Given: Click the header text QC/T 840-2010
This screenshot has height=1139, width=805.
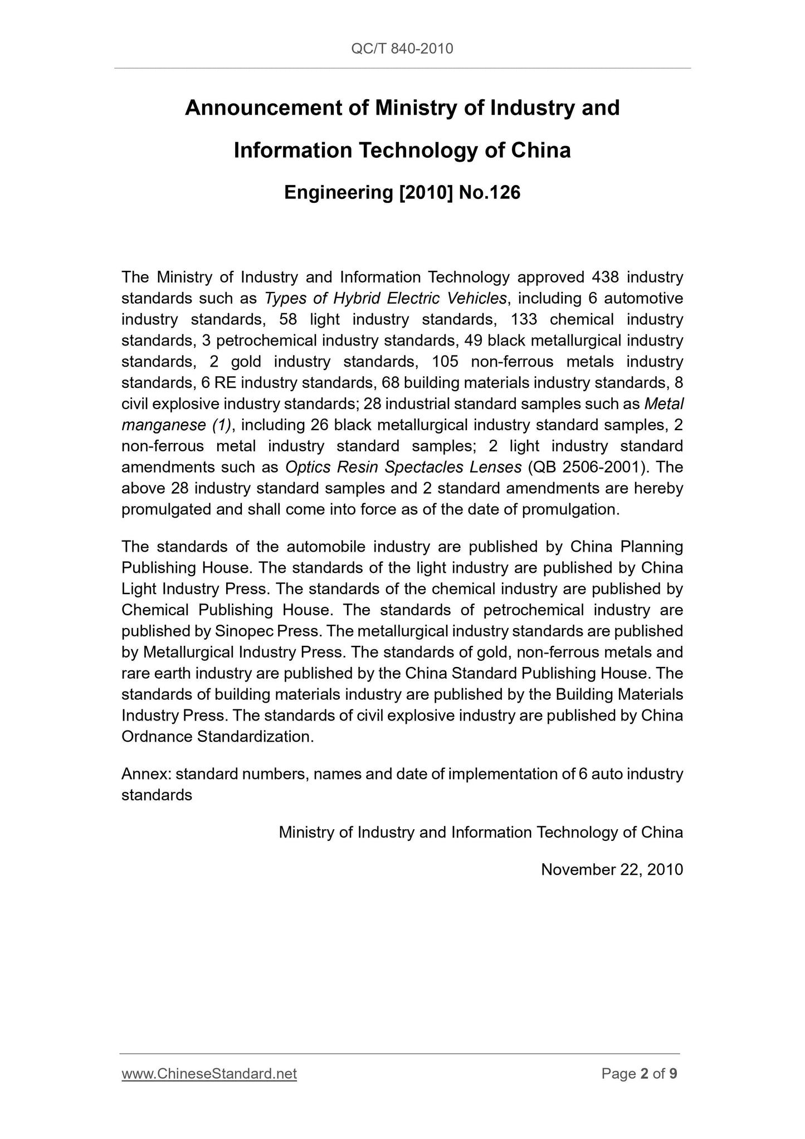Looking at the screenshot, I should pos(402,49).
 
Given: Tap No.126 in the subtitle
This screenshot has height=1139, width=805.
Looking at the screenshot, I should pos(489,193).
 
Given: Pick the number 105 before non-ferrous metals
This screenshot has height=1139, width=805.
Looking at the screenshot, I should pos(446,362).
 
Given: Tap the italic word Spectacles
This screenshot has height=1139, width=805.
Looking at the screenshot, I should pos(425,468).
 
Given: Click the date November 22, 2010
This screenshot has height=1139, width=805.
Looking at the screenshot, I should pos(612,870).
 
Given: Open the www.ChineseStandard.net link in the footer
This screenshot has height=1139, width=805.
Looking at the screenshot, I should pos(209,1074).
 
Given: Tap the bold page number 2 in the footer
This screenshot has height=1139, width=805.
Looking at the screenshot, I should pos(644,1074).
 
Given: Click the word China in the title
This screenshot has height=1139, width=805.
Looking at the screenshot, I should pos(541,150).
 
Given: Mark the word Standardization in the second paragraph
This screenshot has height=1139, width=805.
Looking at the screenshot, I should pos(255,737).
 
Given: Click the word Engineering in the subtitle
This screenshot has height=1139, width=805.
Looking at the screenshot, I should pos(339,193).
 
